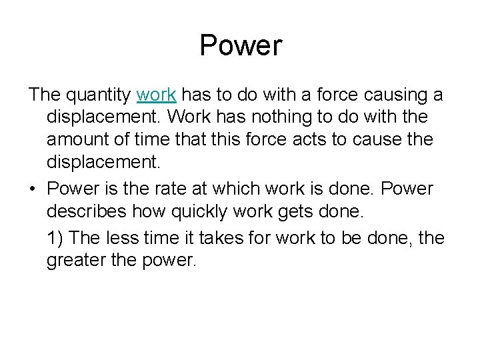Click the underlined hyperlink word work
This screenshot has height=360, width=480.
pyautogui.click(x=156, y=95)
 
